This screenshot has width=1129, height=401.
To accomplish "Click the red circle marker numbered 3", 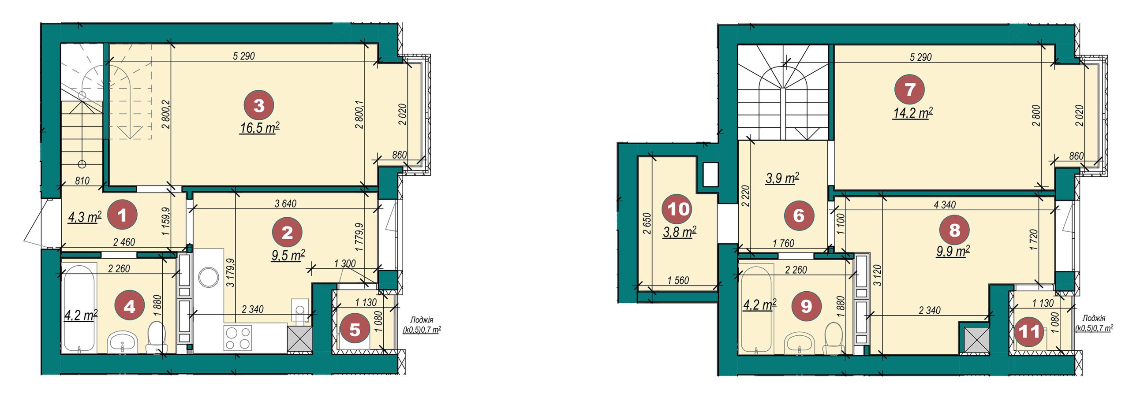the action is [259, 106].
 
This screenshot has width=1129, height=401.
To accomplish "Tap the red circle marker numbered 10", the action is [677, 209].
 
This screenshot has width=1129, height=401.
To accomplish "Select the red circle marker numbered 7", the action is [910, 89].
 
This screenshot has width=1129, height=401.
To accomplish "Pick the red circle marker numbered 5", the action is [355, 329].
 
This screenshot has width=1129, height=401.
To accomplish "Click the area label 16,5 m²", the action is [260, 128].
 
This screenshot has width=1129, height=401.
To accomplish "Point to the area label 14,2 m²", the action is [913, 113].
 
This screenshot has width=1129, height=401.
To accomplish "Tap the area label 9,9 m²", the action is [953, 252].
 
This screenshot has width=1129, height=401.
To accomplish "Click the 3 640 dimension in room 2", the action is [285, 204].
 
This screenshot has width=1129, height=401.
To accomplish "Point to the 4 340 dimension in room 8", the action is [945, 204].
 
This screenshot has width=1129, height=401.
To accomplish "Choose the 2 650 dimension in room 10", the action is [647, 225].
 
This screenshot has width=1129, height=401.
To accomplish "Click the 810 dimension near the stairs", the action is [82, 181].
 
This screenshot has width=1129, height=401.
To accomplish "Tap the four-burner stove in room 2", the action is [238, 338].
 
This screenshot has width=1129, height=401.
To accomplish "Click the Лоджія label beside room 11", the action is [1094, 318].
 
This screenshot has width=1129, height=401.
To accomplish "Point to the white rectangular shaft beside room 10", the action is [710, 175].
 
